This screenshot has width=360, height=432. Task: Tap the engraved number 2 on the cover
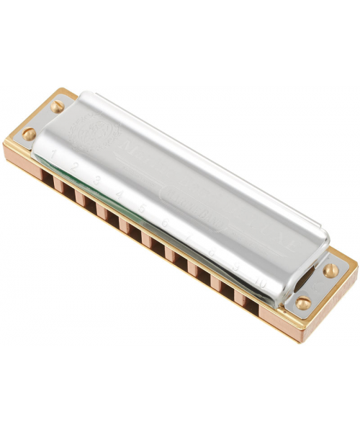point(74,166)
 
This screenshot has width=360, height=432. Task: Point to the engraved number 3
point(96,179)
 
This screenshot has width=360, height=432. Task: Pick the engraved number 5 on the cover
point(142,209)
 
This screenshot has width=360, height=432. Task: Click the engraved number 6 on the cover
point(165,224)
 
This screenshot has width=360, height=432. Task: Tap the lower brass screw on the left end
point(30,134)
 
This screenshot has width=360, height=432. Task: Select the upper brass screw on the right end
point(330,271)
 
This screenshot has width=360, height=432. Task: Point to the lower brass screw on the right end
point(304,302)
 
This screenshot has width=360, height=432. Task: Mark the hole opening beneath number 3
point(87,200)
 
